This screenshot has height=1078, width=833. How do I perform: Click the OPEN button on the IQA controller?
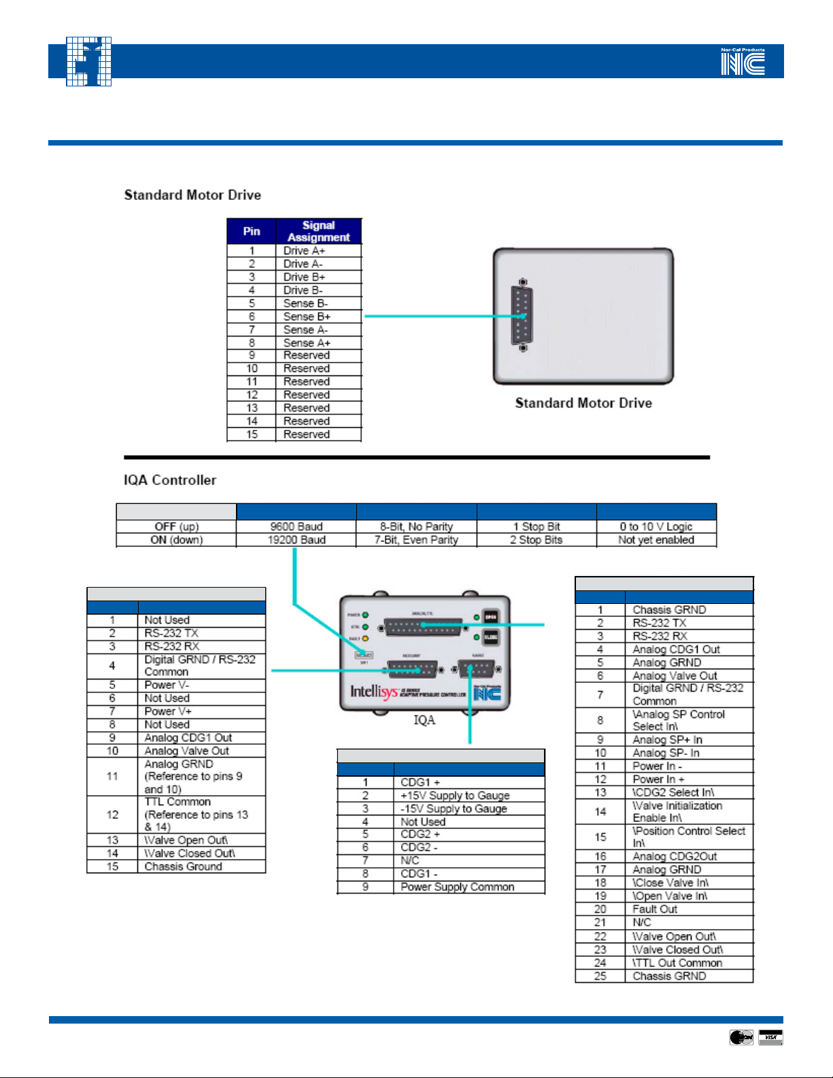point(490,617)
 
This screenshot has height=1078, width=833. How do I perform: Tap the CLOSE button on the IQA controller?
point(490,637)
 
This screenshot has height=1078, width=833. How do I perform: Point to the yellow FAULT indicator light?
point(365,639)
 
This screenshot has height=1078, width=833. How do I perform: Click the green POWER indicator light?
point(365,615)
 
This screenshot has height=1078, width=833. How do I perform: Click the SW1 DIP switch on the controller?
point(364,655)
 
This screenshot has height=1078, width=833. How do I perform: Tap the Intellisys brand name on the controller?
point(373,692)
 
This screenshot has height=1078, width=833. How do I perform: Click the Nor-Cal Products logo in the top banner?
point(743,61)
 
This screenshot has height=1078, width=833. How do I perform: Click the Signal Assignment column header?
point(318,231)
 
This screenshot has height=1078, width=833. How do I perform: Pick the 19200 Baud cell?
point(296,540)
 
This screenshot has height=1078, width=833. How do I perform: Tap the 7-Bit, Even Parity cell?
point(416,540)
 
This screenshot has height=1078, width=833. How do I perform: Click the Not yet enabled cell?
point(656,540)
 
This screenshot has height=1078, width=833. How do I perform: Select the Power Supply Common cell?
point(458,887)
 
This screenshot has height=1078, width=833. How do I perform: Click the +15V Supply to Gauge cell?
point(455,795)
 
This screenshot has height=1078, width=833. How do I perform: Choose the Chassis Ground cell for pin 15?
point(183,866)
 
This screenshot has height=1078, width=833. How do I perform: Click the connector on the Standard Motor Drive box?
point(522,316)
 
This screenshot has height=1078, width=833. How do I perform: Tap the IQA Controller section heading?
point(170,480)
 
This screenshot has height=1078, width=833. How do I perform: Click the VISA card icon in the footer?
point(770,1037)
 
